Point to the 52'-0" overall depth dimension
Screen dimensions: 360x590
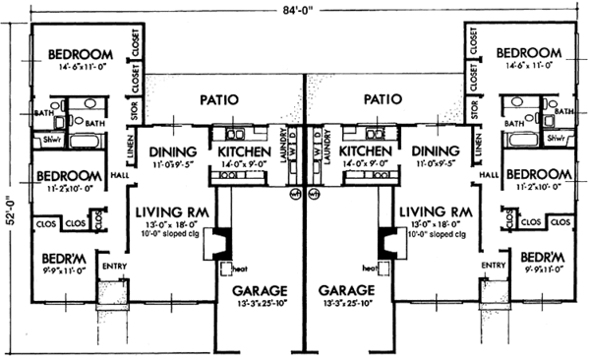(x=9, y=210)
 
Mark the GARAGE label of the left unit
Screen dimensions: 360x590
(x=259, y=291)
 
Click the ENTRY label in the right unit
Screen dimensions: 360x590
(x=493, y=266)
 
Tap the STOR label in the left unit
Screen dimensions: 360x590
(x=135, y=107)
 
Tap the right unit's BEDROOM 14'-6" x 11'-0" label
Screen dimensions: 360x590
(x=527, y=53)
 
